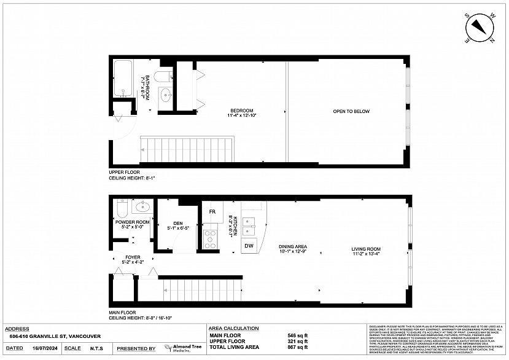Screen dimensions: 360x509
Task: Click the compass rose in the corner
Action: (x=480, y=28)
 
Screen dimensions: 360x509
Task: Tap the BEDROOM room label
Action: (x=241, y=111)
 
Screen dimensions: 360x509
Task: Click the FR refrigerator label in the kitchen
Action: (x=212, y=212)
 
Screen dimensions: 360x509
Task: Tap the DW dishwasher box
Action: (x=249, y=246)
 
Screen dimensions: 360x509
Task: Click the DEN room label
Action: (x=178, y=224)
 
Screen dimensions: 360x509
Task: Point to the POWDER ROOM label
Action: (x=132, y=222)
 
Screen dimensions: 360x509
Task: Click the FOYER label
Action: (x=133, y=257)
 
